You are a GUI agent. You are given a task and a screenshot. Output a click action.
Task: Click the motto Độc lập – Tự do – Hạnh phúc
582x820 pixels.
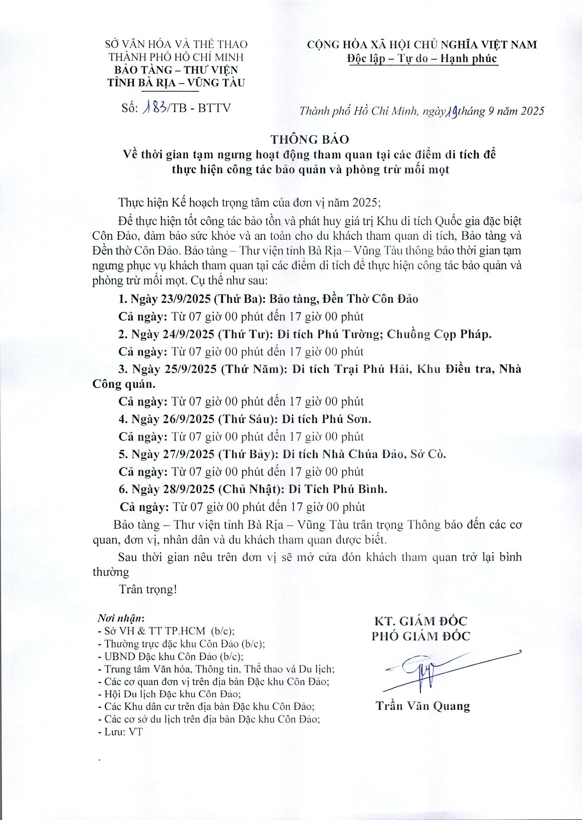pos(422,59)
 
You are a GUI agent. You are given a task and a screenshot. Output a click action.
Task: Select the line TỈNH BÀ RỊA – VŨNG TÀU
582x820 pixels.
pos(176,82)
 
